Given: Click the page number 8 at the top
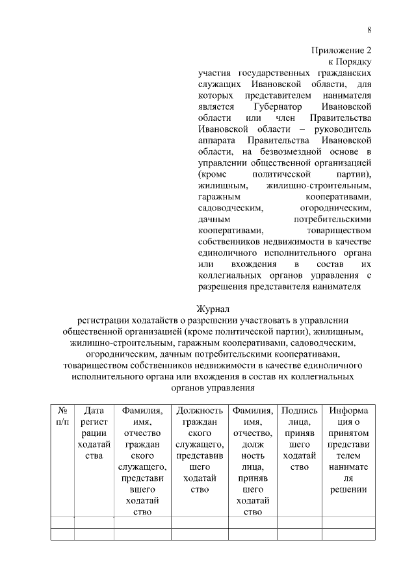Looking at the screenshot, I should click(369, 30).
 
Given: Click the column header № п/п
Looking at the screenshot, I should click(62, 416).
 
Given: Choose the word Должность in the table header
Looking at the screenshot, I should click(200, 411).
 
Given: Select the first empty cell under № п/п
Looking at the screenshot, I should click(62, 522).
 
